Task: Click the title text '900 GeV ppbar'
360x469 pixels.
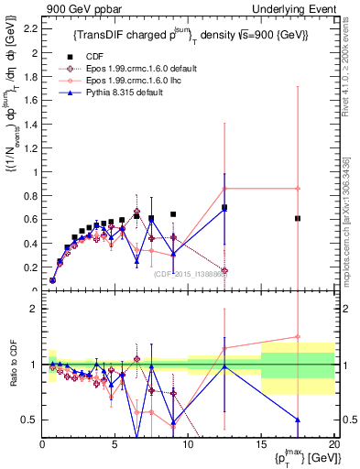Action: click(72, 8)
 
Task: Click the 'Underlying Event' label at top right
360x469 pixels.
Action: click(292, 8)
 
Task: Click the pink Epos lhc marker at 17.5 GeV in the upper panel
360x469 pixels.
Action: click(298, 189)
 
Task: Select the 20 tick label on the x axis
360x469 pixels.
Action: click(333, 442)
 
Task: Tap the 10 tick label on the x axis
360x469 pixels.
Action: click(188, 442)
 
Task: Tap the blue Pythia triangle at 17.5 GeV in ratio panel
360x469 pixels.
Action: click(298, 420)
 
